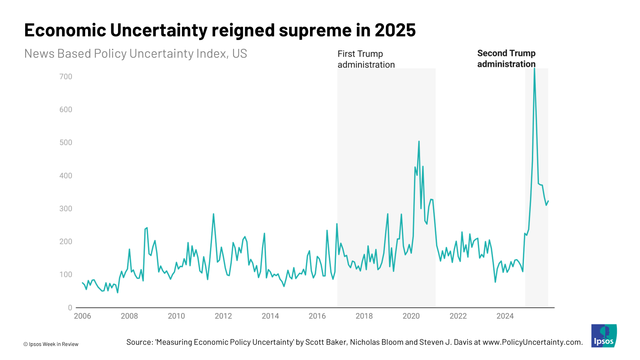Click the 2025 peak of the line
tap(534, 69)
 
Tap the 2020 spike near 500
tap(419, 142)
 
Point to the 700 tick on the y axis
tap(66, 76)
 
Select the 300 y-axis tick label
tap(66, 208)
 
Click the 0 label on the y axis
tap(70, 308)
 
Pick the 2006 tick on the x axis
tap(82, 316)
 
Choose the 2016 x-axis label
tap(317, 316)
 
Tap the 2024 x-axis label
tap(505, 316)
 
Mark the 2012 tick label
tap(223, 316)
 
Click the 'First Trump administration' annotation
tap(366, 59)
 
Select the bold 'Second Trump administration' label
tap(506, 58)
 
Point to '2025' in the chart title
tap(395, 30)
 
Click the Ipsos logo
tap(604, 336)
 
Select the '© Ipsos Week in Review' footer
tap(51, 344)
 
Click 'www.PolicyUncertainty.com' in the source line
tap(532, 342)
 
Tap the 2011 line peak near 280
tap(213, 214)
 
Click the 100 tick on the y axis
tap(66, 274)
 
